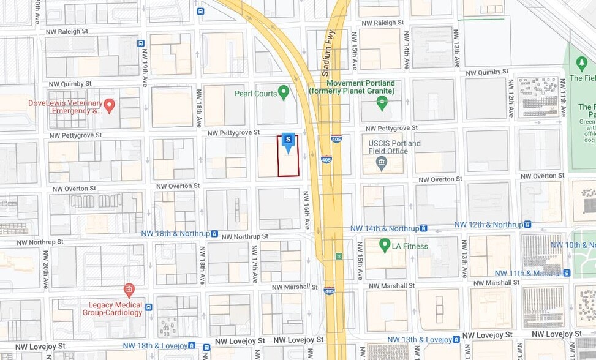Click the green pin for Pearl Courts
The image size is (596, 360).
283,92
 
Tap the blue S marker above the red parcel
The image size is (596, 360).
288,141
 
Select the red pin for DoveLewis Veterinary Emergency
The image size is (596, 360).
110,105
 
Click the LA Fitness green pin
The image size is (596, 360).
385,246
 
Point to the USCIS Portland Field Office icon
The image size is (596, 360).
382,163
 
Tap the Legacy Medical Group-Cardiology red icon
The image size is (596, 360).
129,290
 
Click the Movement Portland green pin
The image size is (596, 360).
383,102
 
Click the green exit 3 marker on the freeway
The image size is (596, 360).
338,256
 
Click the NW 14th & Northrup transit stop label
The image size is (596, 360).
385,228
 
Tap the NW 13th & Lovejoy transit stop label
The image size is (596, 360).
420,340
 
